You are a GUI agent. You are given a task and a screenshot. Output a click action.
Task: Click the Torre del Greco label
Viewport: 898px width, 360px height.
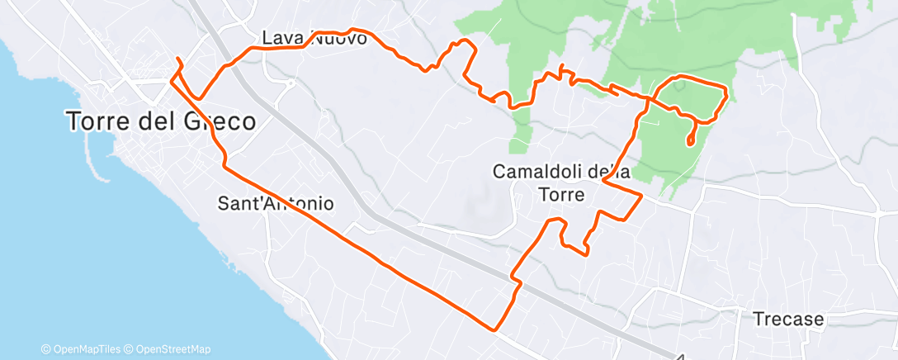pyautogui.click(x=161, y=122)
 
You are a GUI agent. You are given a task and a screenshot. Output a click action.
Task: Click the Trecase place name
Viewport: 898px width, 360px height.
pyautogui.click(x=788, y=319)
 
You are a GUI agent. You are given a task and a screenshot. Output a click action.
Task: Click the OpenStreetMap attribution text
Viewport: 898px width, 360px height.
pyautogui.click(x=173, y=350)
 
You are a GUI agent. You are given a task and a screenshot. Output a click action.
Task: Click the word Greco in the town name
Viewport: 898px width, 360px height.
pyautogui.click(x=215, y=122)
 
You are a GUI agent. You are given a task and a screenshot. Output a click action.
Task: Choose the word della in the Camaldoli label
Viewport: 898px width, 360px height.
pyautogui.click(x=609, y=172)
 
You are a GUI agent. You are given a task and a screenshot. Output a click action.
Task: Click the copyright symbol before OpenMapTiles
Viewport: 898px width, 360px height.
pyautogui.click(x=45, y=350)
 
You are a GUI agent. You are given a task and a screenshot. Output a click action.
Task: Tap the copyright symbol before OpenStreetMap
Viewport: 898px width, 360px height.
pyautogui.click(x=130, y=350)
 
